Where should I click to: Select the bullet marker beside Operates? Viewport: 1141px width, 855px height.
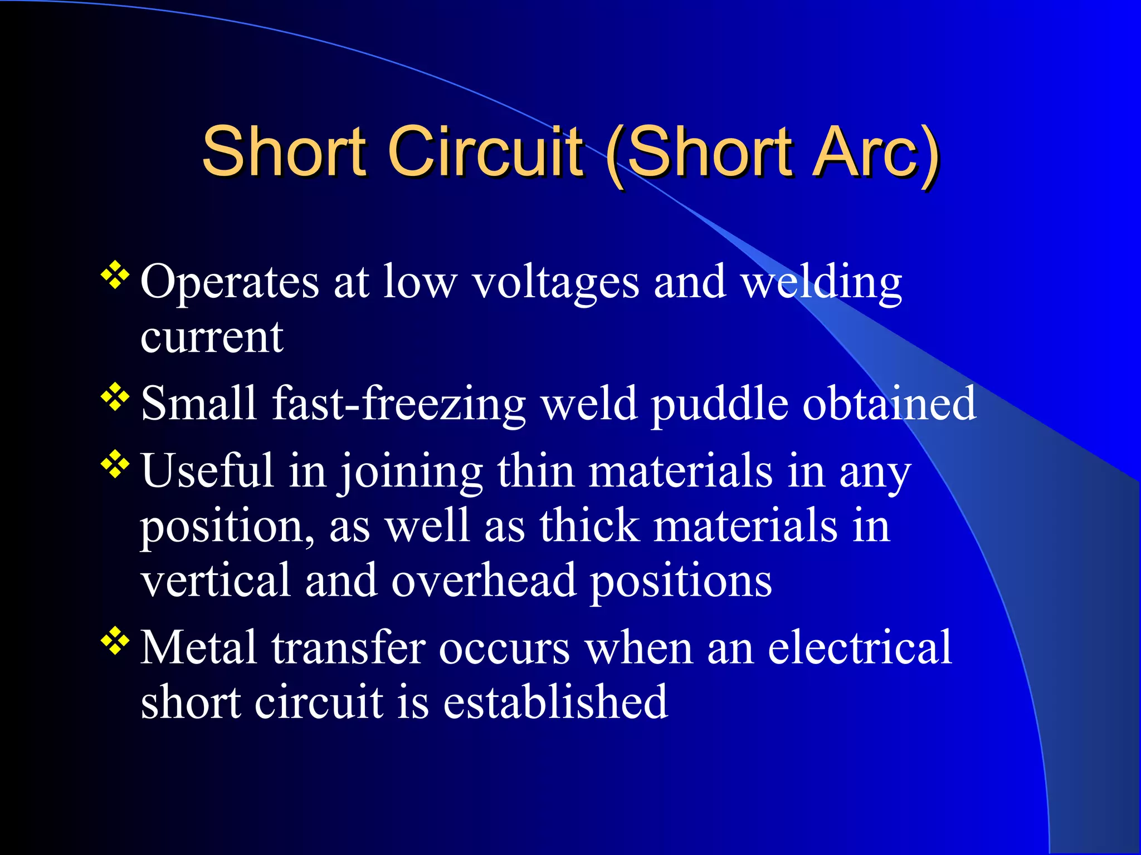click(x=115, y=275)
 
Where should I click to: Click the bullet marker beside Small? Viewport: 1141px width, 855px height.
click(x=115, y=397)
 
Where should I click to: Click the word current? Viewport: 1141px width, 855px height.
click(x=212, y=337)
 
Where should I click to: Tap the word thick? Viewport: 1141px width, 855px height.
click(x=589, y=526)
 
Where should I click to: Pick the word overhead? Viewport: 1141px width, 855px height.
click(x=484, y=581)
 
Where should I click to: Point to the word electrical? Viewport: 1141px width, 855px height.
click(x=860, y=647)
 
